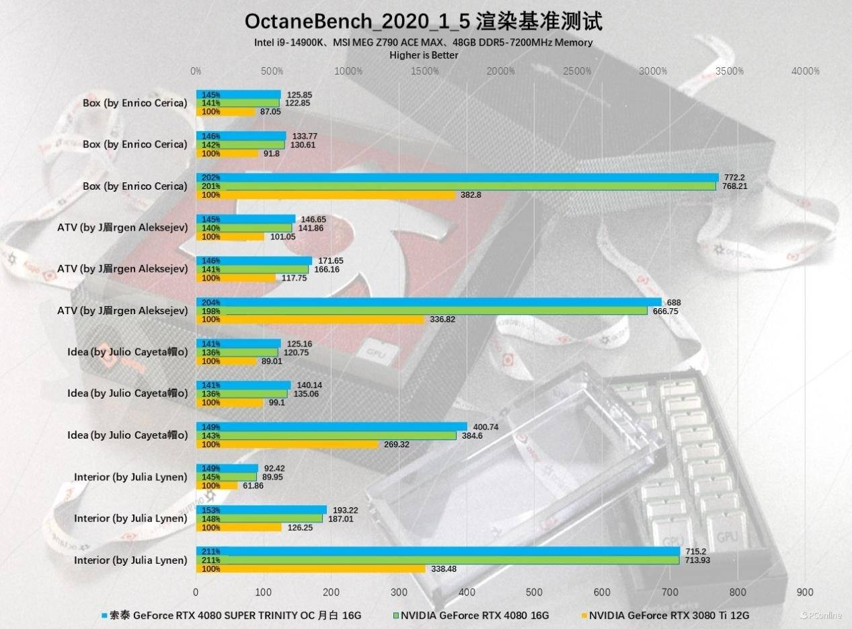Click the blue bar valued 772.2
457,178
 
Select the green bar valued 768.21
456,186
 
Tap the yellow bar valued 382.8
325,195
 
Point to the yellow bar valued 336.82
310,320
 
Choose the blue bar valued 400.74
332,427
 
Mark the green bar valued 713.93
438,560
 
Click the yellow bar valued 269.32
287,444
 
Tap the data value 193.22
344,511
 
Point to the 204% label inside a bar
211,302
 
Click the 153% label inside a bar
211,510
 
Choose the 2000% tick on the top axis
500,71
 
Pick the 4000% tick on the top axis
805,71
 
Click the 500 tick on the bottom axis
535,593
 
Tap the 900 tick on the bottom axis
805,593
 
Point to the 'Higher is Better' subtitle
424,55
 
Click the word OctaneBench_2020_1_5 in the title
357,22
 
